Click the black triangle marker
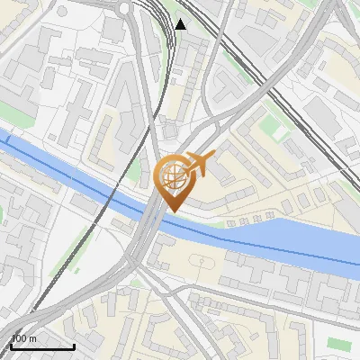(x=181, y=24)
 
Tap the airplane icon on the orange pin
(x=198, y=164)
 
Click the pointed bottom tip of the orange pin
(x=172, y=211)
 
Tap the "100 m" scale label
(x=23, y=338)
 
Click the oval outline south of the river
(x=202, y=264)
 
